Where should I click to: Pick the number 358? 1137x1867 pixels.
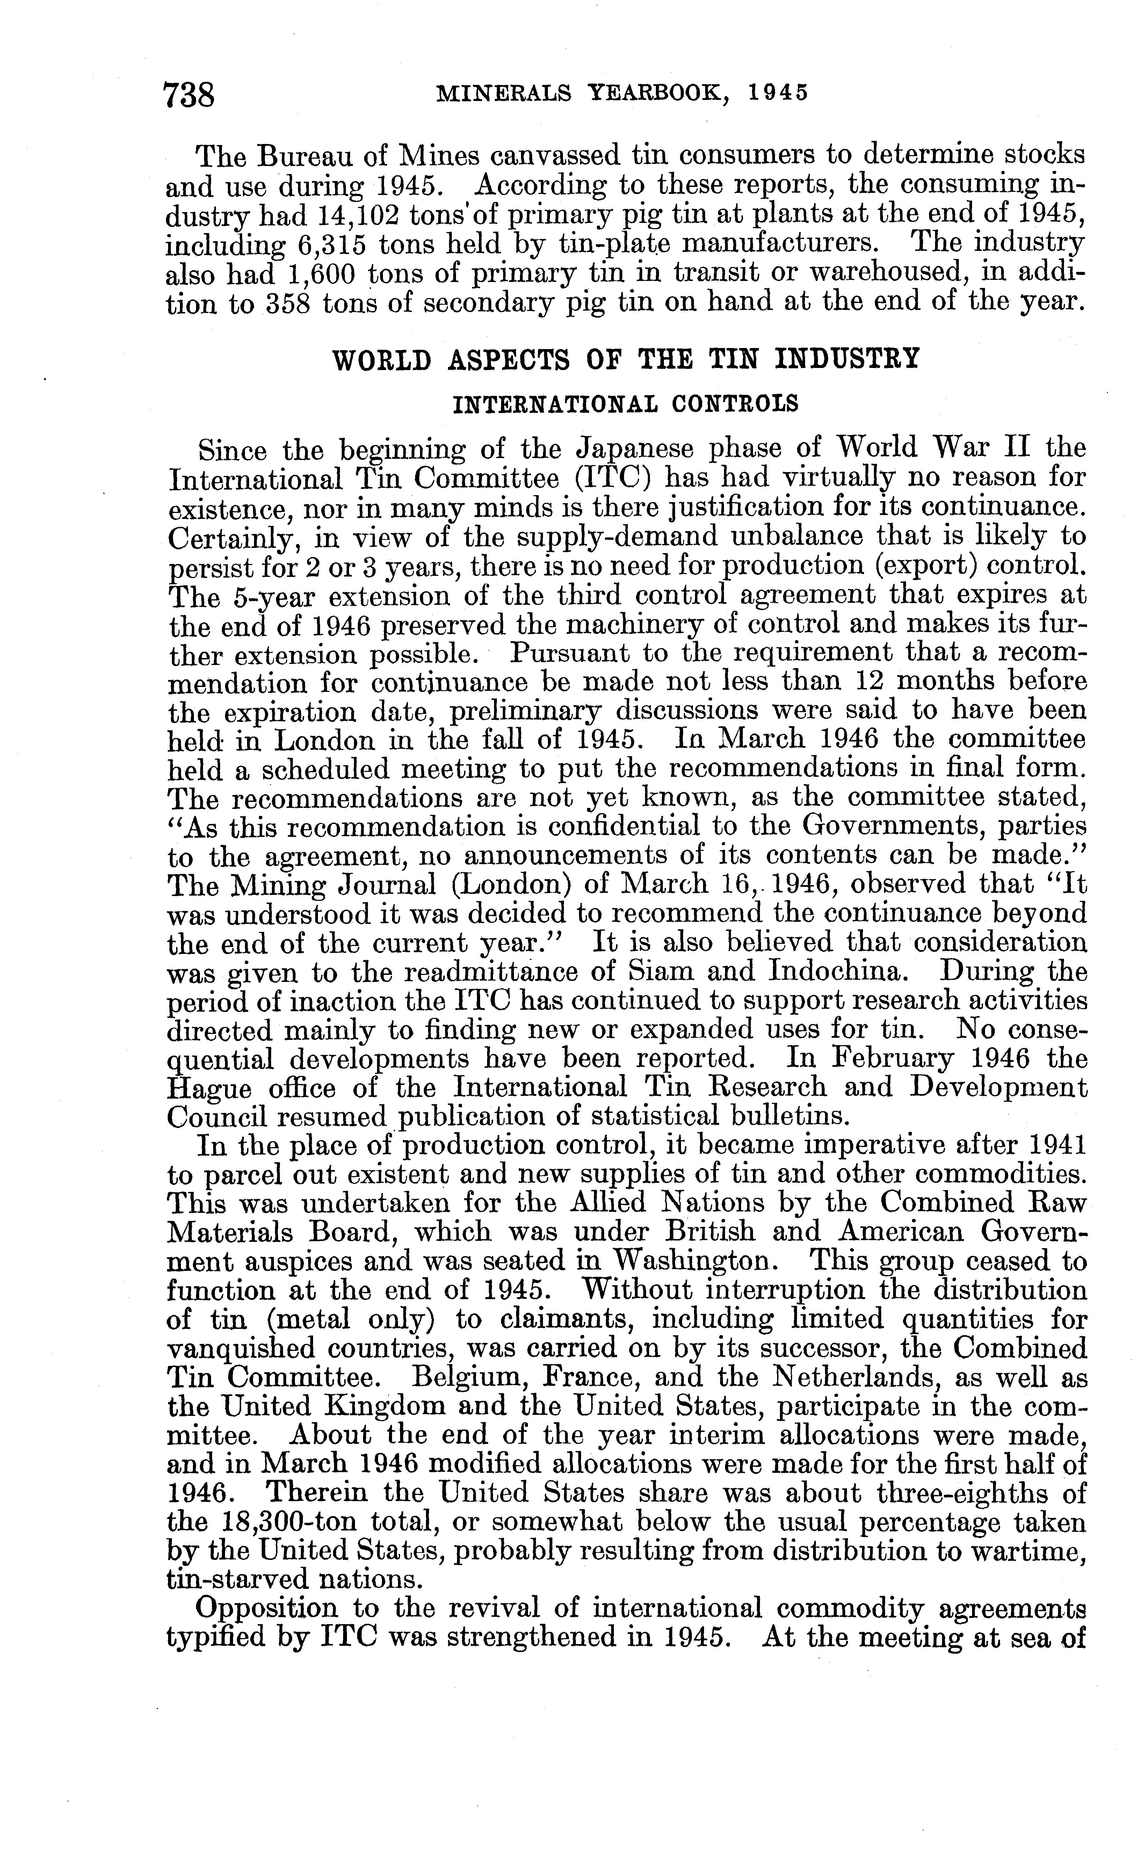click(285, 303)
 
